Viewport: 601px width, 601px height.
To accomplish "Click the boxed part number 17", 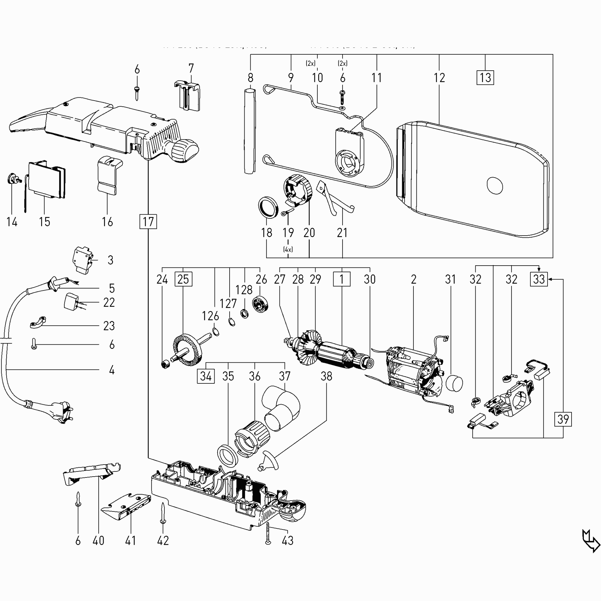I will click(148, 221).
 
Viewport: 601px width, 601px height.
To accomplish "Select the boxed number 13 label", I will click(485, 78).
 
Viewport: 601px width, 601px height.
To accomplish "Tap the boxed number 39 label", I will click(563, 419).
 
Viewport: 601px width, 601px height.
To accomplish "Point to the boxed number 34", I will click(206, 376).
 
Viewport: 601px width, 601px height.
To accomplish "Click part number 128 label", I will click(244, 290).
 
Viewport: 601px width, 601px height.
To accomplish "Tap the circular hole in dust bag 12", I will click(494, 186).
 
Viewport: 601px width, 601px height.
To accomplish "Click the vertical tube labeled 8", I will click(250, 131).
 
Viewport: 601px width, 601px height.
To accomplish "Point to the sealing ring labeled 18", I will click(268, 207).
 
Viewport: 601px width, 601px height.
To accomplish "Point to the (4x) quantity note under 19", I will click(288, 249).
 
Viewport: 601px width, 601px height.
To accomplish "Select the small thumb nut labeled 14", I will click(11, 179).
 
